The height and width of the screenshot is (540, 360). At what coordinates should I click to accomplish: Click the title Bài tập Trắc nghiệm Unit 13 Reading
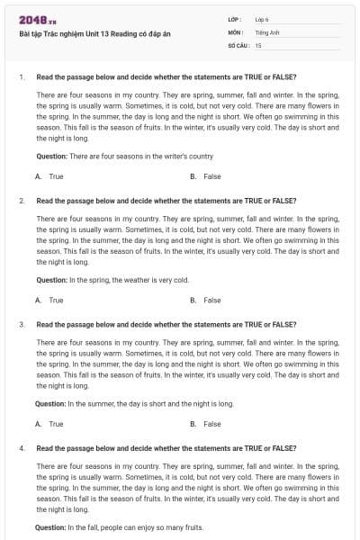[x=82, y=33]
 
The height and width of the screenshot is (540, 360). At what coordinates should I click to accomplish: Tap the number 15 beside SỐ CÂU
[x=258, y=44]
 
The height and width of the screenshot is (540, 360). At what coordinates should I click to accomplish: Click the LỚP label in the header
[x=235, y=19]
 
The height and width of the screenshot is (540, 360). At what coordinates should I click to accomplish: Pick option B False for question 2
[x=206, y=300]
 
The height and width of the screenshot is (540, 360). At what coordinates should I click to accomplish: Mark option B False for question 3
[x=206, y=424]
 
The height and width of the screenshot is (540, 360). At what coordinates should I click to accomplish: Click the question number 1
[x=21, y=76]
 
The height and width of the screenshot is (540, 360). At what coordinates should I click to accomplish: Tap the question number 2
[x=21, y=201]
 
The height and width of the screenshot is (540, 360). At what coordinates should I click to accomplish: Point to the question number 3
[x=21, y=324]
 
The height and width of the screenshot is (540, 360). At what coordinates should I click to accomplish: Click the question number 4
[x=21, y=447]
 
